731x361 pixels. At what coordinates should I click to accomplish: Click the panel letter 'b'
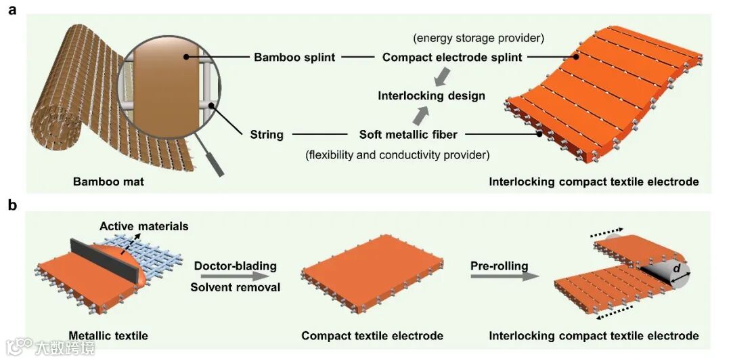point(12,205)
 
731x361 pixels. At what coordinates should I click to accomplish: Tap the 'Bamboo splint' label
point(294,58)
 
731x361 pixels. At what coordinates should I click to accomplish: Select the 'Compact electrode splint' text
point(452,58)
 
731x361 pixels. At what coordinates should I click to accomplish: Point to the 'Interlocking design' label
point(431,95)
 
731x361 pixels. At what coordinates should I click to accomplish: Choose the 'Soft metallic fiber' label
point(408,134)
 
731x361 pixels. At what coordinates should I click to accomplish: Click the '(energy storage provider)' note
point(479,37)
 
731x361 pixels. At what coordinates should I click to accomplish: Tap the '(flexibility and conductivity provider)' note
point(397,155)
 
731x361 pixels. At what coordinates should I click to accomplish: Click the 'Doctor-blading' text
point(235,266)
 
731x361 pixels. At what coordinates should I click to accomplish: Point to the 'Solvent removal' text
point(235,287)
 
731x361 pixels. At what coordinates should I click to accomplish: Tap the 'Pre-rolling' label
point(500,266)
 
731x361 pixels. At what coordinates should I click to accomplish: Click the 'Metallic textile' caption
point(108,335)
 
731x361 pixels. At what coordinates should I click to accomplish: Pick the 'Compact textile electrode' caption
point(372,335)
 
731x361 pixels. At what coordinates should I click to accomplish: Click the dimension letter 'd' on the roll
point(676,270)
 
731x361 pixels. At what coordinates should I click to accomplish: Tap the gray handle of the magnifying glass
point(215,164)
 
